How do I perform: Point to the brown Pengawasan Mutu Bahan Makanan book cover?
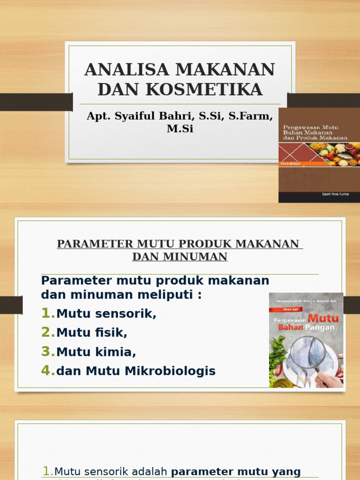pos(319,155)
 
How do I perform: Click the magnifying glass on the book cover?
pos(307,354)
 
